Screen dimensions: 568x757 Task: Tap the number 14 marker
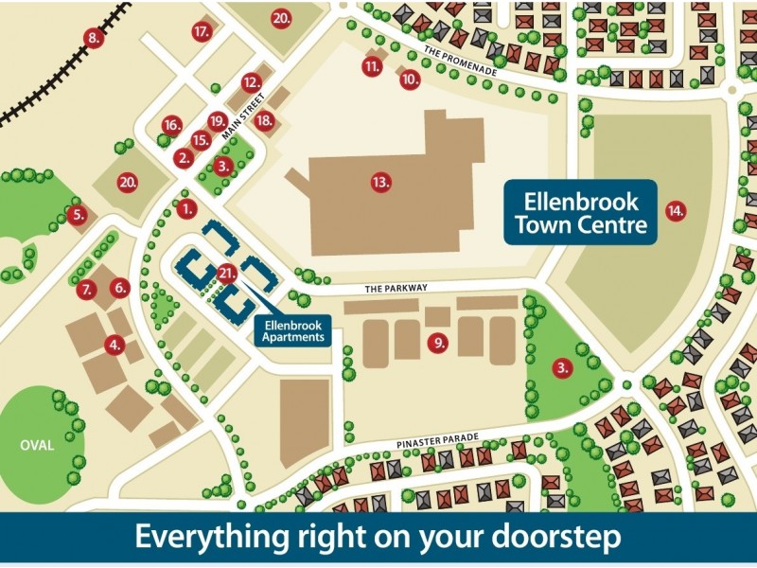pos(675,209)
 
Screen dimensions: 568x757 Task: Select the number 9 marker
pos(437,343)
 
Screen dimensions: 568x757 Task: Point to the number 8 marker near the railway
pos(93,38)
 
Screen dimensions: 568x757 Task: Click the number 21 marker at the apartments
pos(225,274)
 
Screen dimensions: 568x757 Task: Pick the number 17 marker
pos(202,31)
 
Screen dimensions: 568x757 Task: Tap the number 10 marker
pos(409,80)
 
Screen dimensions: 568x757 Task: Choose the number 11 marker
pos(372,65)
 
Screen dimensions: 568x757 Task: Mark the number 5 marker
pos(79,215)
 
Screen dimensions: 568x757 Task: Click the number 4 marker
pos(114,345)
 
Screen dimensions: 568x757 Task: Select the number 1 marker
pos(186,207)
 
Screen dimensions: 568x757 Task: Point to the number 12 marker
pos(251,81)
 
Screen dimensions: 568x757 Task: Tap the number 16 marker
pos(171,125)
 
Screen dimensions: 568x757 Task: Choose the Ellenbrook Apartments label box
pos(292,329)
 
